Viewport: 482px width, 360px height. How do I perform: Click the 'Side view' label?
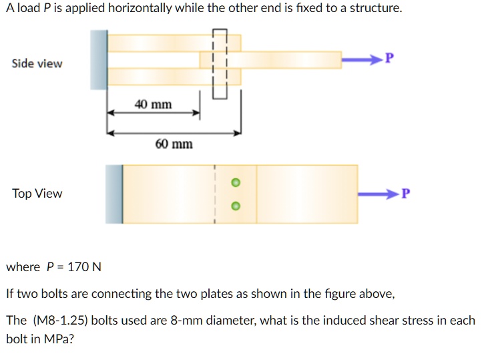tap(37, 63)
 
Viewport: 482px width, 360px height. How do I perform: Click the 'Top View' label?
tap(37, 194)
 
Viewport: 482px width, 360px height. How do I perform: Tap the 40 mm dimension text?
tap(153, 104)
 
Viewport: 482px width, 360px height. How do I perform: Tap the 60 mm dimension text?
tap(174, 144)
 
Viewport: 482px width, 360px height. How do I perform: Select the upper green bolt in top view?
tap(234, 182)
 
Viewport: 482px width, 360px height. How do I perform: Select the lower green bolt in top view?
tap(234, 206)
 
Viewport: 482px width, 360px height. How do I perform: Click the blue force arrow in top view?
tap(377, 194)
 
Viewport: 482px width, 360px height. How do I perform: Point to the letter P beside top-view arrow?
tap(407, 194)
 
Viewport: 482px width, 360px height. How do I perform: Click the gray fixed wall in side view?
tap(99, 59)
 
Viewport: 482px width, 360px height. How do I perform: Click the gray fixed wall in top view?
tap(114, 194)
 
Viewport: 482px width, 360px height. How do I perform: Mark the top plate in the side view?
tap(174, 43)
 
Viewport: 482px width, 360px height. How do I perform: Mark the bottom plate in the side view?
tap(174, 77)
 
